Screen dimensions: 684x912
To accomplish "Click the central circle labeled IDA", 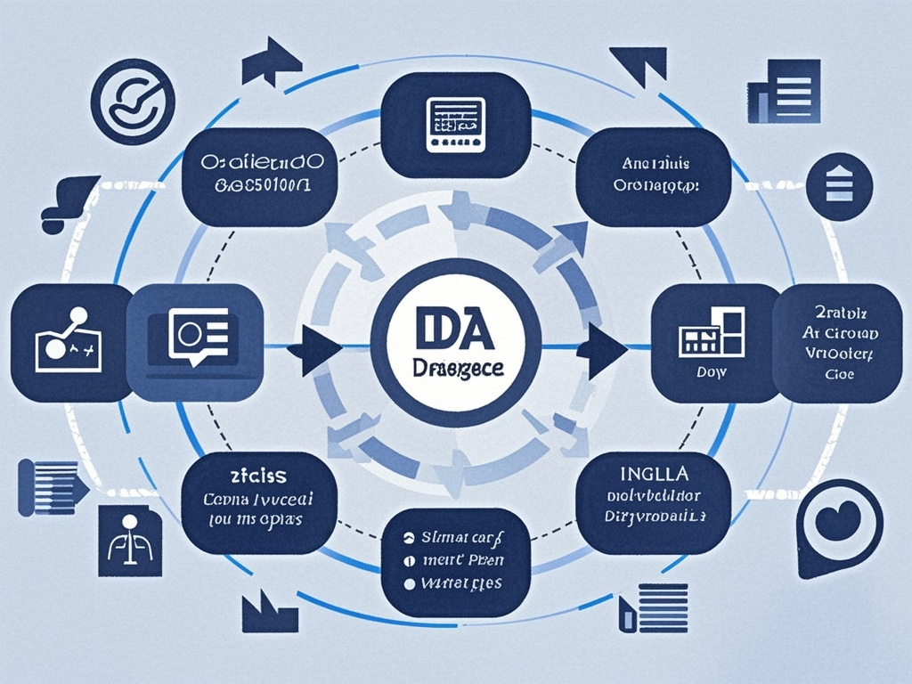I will (x=455, y=343).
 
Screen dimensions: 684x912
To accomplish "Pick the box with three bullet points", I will (x=455, y=561).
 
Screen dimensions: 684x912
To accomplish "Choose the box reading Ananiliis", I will (x=653, y=175).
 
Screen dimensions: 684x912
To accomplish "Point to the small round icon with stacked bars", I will (x=839, y=186).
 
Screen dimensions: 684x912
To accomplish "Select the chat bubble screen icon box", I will (x=195, y=343).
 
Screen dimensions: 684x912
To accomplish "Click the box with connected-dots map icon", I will (x=69, y=343).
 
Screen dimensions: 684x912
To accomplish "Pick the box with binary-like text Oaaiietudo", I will (x=257, y=175).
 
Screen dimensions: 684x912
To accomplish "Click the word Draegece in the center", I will (x=454, y=368).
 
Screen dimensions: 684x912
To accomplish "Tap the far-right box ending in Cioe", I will (x=836, y=343).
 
